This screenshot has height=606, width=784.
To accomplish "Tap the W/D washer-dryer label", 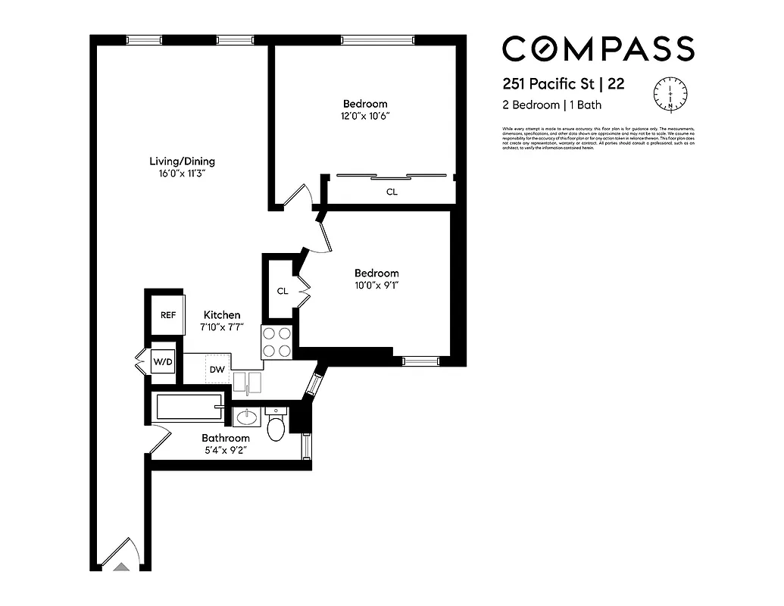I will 163,361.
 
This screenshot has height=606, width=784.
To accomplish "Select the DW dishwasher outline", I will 217,369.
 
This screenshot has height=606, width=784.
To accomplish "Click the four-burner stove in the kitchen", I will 277,342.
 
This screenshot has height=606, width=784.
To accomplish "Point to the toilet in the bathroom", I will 276,426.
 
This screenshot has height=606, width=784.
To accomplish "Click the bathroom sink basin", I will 246,417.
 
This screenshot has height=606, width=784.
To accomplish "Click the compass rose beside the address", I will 670,94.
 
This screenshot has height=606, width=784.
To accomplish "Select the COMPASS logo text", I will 598,49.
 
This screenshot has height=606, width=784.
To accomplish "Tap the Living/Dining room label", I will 182,161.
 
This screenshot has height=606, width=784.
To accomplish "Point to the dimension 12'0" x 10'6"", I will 365,116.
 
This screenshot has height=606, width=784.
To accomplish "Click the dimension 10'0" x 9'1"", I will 376,286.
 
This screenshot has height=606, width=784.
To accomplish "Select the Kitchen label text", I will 222,315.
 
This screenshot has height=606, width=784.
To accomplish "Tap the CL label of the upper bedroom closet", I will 392,192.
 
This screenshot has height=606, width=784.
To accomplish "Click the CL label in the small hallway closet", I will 282,291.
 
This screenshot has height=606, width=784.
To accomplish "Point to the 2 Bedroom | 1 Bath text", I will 552,105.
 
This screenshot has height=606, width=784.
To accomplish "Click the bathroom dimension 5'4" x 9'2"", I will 225,450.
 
